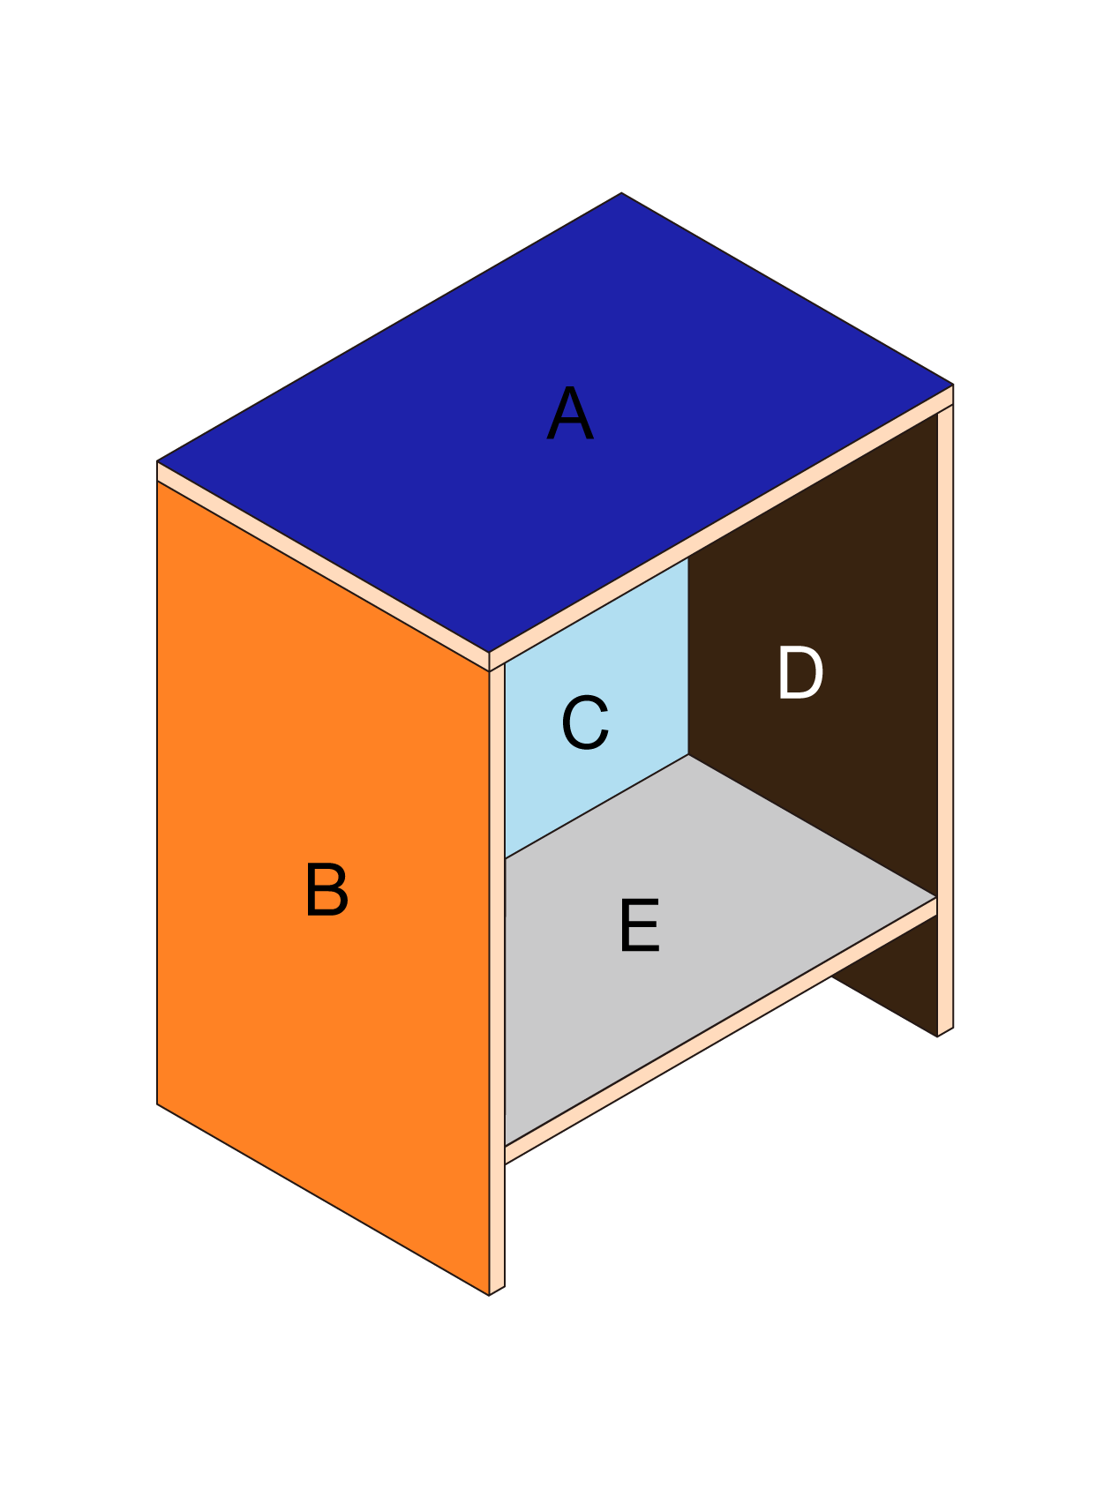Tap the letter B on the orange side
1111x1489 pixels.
(327, 889)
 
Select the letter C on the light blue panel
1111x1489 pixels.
(585, 722)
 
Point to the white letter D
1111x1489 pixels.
(800, 673)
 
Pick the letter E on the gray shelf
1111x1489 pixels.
(640, 925)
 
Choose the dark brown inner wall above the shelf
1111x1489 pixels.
(813, 653)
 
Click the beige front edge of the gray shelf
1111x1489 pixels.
(721, 1031)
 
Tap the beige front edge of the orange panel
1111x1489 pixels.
(497, 979)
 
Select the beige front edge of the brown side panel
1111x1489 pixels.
(945, 719)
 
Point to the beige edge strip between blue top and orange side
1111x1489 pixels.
(323, 566)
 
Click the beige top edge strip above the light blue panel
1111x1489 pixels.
(721, 528)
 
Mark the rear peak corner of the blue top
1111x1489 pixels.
(621, 192)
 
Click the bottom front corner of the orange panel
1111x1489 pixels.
(489, 1295)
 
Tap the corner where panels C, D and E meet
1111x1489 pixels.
(688, 755)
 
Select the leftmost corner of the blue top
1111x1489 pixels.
(157, 461)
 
